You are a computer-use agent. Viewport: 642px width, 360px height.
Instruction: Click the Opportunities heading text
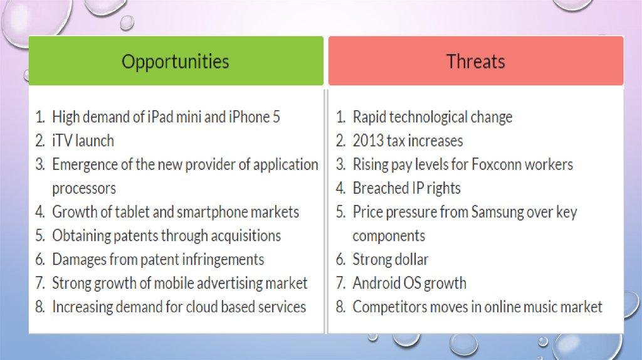[176, 62]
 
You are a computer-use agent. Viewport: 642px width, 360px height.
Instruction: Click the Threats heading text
[475, 61]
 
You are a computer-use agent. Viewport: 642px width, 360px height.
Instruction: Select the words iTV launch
[83, 141]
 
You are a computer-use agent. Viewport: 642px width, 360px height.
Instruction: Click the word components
[389, 236]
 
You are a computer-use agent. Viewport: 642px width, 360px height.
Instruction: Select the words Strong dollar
[391, 260]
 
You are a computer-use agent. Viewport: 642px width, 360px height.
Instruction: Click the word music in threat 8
[541, 307]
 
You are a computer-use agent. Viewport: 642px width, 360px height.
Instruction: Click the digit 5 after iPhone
[276, 117]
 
